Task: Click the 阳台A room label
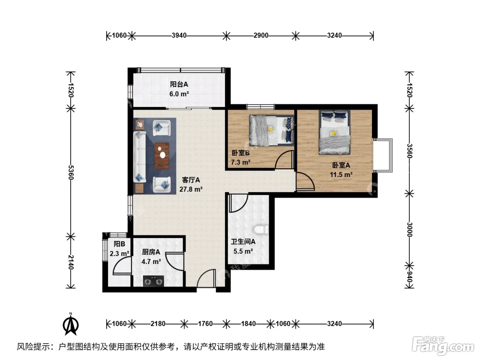pos(179,84)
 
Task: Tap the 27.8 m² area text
pos(191,189)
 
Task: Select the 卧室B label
pos(241,153)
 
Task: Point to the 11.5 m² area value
pos(341,175)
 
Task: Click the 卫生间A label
pos(243,241)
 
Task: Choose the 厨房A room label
pos(151,252)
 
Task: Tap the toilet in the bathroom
pos(261,230)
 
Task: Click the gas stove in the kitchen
pos(154,281)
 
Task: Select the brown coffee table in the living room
pos(162,156)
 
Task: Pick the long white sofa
pos(140,157)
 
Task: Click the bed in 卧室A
pos(334,132)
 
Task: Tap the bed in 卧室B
pos(272,131)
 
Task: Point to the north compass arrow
pos(71,324)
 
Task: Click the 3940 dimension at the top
pos(179,35)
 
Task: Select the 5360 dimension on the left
pos(71,173)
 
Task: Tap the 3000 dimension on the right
pos(409,229)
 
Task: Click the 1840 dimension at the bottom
pos(249,324)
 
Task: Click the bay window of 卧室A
pos(383,155)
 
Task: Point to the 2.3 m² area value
pos(119,254)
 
